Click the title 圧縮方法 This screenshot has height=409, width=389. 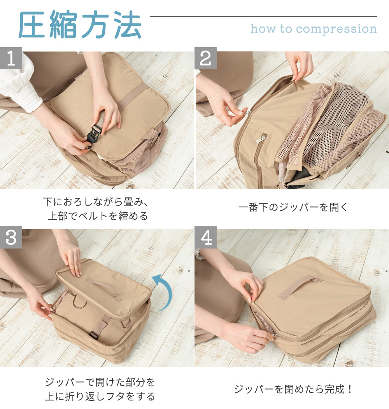(80, 26)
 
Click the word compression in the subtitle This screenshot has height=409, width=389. (336, 29)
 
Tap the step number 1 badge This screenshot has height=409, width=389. (11, 58)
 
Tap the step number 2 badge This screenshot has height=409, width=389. (205, 58)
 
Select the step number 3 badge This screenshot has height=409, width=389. (11, 238)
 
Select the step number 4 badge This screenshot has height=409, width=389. (205, 238)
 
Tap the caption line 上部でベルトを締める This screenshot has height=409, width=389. (98, 216)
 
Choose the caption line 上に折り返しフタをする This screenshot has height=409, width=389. (100, 397)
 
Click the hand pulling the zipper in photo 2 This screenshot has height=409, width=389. (230, 111)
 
